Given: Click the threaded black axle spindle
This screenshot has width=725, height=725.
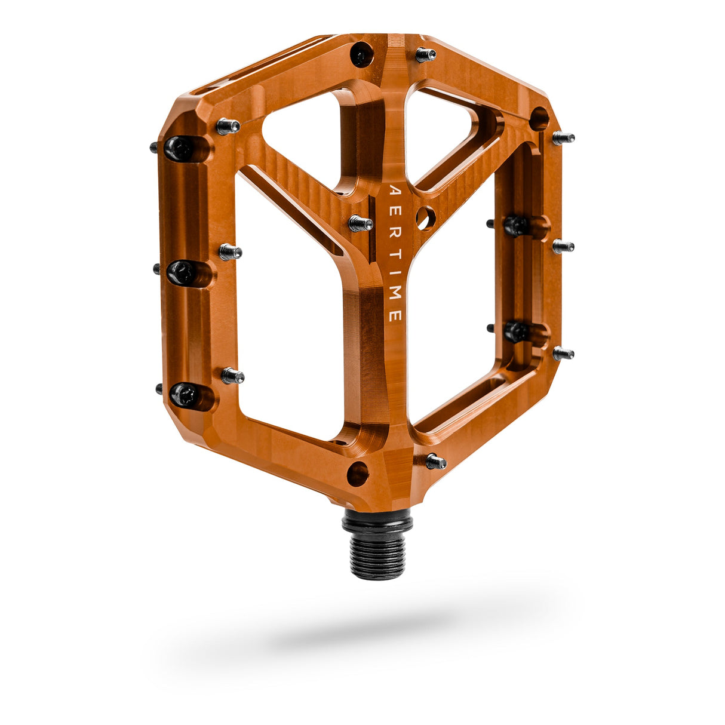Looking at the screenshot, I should pos(377,550).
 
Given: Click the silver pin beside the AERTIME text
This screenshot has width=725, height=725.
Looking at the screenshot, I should pos(361,223).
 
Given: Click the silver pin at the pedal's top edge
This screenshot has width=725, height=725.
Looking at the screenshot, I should pos(425,54).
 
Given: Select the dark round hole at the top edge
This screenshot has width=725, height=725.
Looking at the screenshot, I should pos(361,55).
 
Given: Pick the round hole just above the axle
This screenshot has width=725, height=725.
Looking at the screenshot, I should pos(357,474).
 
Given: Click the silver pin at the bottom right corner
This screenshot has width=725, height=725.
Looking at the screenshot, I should pos(436,461).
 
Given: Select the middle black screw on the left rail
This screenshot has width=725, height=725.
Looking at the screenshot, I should pos(180,272).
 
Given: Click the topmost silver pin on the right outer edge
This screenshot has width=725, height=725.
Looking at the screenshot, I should pos(563,138).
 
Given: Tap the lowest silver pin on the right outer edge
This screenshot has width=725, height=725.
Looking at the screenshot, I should pos(563,353).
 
